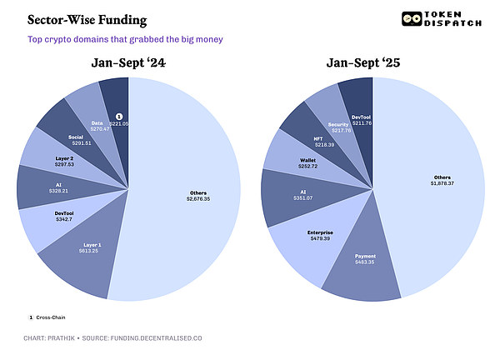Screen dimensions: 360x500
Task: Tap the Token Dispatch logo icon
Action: (410, 19)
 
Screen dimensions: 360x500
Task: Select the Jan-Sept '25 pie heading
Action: (372, 63)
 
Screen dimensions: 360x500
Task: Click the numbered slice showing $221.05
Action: (118, 119)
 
